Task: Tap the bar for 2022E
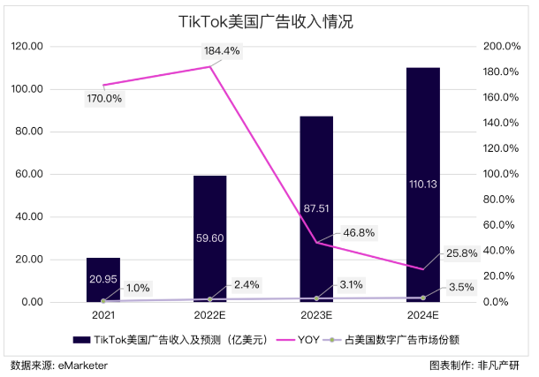tap(210, 238)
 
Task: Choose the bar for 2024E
tap(423, 185)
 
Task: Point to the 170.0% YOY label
tap(104, 98)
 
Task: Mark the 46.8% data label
tap(358, 232)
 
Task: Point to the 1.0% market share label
tap(137, 287)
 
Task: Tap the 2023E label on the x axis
tap(316, 313)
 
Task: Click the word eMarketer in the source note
tap(83, 364)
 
